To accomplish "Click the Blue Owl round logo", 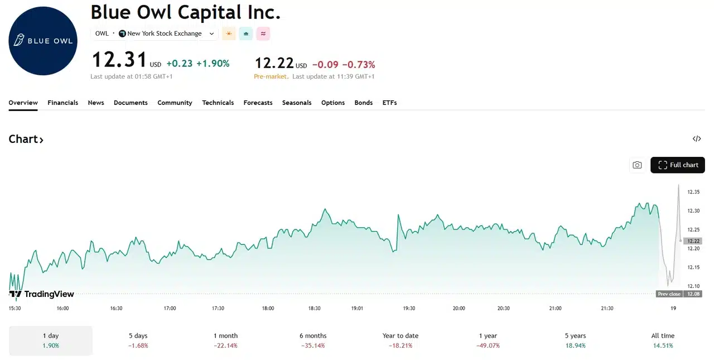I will click(x=43, y=41).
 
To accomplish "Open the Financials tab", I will click(x=63, y=103).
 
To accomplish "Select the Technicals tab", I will click(x=218, y=103).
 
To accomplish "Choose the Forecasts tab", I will click(x=258, y=103).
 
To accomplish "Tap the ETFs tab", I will click(x=389, y=103).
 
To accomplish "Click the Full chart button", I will click(x=678, y=165).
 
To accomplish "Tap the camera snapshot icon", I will click(x=637, y=165).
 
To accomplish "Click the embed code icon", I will click(x=697, y=139).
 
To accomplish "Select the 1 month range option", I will click(x=225, y=340).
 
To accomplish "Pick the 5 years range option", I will click(x=575, y=340).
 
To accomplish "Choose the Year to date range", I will click(x=401, y=340).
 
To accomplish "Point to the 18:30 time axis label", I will click(x=314, y=308).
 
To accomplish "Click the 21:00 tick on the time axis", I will click(x=555, y=308).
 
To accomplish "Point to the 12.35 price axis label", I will click(x=693, y=192).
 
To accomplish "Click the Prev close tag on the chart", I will click(x=669, y=294).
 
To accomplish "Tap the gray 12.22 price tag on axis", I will click(x=693, y=241).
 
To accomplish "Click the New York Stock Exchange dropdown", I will click(x=167, y=33).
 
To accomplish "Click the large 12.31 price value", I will click(x=119, y=60).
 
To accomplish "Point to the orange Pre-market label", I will click(x=271, y=76).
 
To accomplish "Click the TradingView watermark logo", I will click(x=42, y=294).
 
